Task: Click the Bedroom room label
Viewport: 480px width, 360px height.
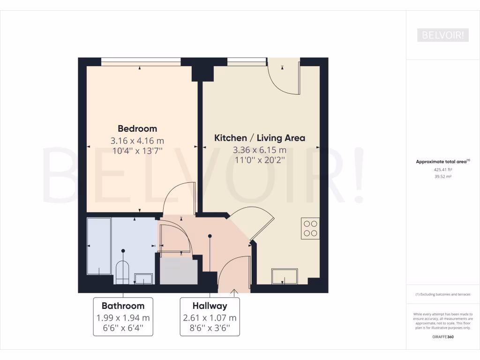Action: [x=137, y=128]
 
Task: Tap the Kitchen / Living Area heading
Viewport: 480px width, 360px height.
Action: [x=260, y=138]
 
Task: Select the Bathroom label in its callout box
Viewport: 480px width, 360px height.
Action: [x=123, y=306]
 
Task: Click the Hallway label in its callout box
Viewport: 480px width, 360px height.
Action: [x=210, y=306]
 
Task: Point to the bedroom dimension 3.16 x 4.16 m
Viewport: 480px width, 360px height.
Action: [x=137, y=140]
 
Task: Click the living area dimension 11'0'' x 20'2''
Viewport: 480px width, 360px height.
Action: [x=260, y=160]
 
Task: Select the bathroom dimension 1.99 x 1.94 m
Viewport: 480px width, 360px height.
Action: [x=123, y=317]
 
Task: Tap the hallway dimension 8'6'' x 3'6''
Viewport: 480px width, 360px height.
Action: [x=210, y=329]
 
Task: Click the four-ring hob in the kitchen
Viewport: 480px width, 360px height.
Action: [x=310, y=228]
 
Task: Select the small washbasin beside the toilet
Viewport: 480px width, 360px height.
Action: [x=143, y=278]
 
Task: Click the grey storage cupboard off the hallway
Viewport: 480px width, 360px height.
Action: [x=179, y=271]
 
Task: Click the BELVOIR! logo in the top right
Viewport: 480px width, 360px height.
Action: [x=442, y=35]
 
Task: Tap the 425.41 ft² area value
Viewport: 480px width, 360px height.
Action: [x=442, y=170]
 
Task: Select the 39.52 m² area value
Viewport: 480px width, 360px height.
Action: [x=442, y=177]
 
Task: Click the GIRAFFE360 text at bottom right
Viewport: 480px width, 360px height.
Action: [x=443, y=337]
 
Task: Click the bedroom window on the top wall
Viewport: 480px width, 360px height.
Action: [x=141, y=60]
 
